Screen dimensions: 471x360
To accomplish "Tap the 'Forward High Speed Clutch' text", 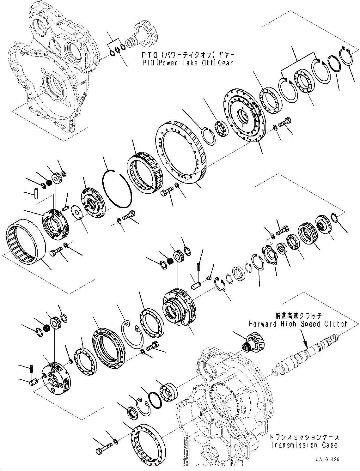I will (x=298, y=324).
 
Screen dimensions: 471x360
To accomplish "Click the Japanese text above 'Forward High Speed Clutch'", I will (x=298, y=316).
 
